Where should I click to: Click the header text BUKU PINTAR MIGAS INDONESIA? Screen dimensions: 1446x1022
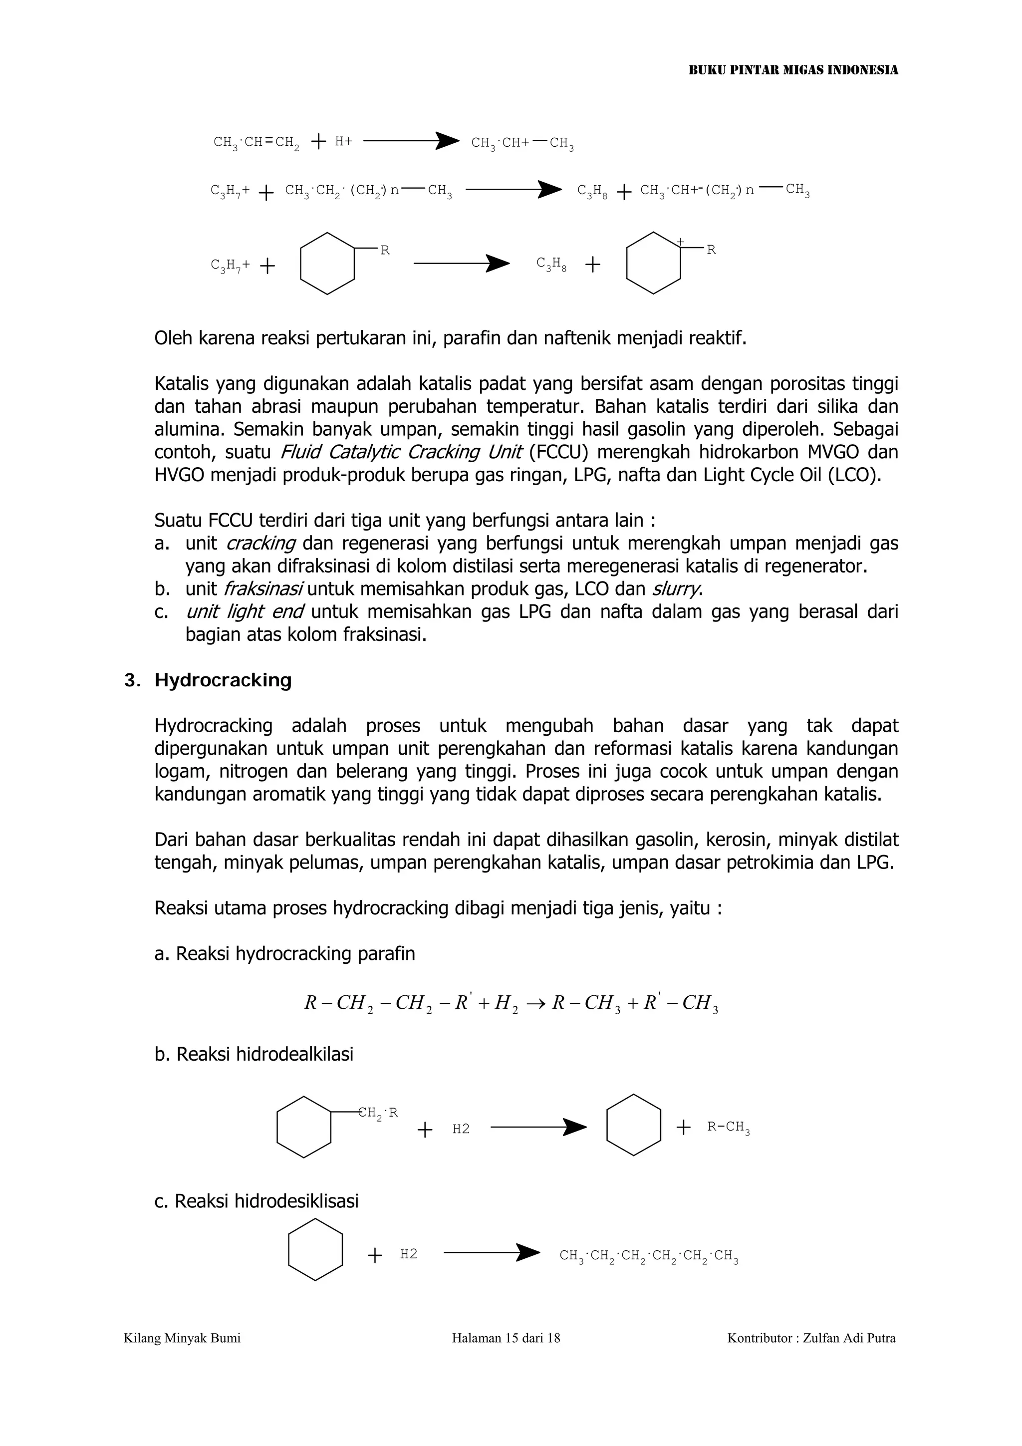coord(793,70)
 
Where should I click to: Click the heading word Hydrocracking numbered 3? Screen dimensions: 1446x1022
coord(223,680)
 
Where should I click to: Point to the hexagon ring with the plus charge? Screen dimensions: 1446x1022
coord(653,263)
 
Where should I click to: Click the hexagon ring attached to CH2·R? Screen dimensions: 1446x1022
coord(303,1128)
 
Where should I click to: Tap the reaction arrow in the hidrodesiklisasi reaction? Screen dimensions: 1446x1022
coord(491,1253)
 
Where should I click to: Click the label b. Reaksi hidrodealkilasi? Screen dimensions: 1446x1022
coord(254,1054)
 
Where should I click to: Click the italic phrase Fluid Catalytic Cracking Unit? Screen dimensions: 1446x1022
coord(401,452)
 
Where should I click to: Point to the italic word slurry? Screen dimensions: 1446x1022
coord(676,589)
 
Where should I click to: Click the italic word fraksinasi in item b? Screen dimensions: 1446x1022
coord(263,589)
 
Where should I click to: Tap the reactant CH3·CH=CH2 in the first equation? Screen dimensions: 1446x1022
coord(256,142)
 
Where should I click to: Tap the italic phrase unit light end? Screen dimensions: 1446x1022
coord(245,611)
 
